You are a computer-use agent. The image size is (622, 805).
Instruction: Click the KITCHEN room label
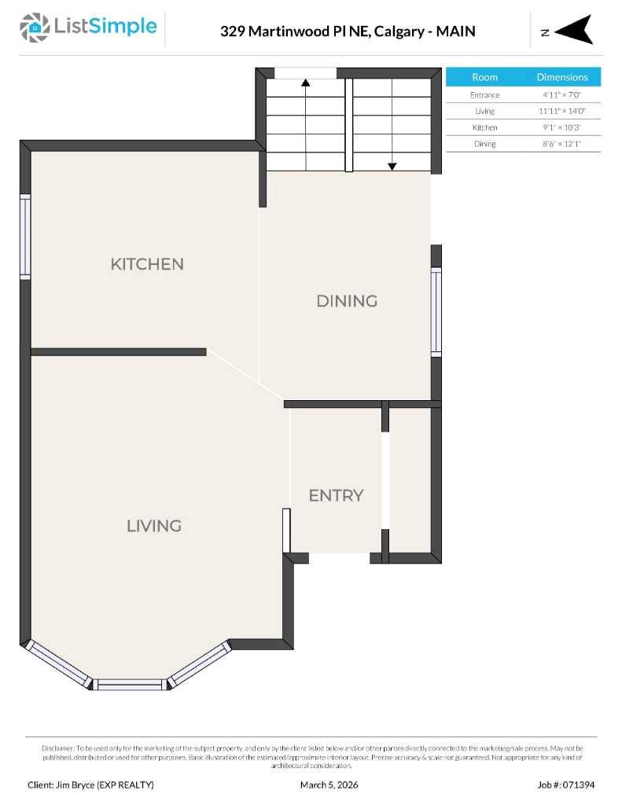click(147, 264)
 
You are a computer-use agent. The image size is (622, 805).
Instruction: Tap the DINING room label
click(347, 301)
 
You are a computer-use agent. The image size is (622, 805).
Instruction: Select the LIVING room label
click(154, 526)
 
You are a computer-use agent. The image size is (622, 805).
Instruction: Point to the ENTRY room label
click(336, 496)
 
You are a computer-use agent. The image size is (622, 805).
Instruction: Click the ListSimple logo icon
click(34, 28)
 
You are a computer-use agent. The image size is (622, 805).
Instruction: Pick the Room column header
click(484, 77)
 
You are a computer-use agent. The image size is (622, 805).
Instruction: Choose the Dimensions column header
click(562, 77)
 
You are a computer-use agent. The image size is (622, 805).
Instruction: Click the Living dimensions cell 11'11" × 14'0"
click(562, 111)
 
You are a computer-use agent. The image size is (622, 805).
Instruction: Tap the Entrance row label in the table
click(484, 95)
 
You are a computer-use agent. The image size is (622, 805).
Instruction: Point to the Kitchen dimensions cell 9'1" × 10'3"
click(562, 127)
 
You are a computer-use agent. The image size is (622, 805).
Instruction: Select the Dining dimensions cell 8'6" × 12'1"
click(562, 144)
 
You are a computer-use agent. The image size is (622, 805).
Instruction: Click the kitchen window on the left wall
click(25, 237)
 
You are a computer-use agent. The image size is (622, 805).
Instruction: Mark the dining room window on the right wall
click(436, 311)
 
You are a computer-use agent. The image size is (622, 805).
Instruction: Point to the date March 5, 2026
click(329, 785)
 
